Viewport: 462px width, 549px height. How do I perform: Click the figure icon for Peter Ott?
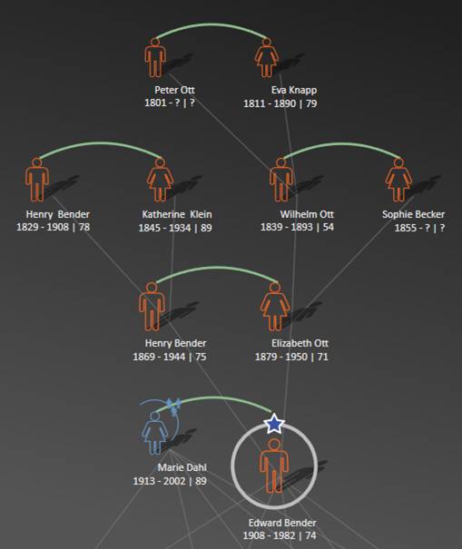click(155, 58)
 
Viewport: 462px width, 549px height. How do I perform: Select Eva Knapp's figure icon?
click(267, 58)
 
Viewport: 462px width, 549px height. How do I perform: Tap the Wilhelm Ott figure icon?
click(281, 180)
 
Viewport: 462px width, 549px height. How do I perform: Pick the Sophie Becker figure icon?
click(398, 180)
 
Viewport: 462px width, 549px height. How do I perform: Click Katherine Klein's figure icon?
click(160, 180)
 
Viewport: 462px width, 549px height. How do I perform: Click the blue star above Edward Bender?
click(274, 424)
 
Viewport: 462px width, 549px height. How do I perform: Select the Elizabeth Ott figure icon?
click(275, 307)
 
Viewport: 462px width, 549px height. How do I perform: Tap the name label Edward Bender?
click(282, 523)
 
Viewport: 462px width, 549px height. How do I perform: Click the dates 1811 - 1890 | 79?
click(280, 103)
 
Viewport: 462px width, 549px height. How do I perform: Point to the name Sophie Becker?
click(413, 214)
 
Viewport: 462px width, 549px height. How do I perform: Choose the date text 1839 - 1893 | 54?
click(297, 227)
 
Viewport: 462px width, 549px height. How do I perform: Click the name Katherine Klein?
click(177, 214)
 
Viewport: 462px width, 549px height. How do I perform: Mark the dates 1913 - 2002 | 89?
click(170, 481)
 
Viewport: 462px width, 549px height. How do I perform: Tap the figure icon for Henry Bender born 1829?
click(37, 180)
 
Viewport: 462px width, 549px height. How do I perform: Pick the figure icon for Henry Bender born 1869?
click(152, 307)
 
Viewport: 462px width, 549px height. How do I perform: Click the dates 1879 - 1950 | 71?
click(291, 357)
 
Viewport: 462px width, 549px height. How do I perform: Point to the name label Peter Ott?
click(174, 90)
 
